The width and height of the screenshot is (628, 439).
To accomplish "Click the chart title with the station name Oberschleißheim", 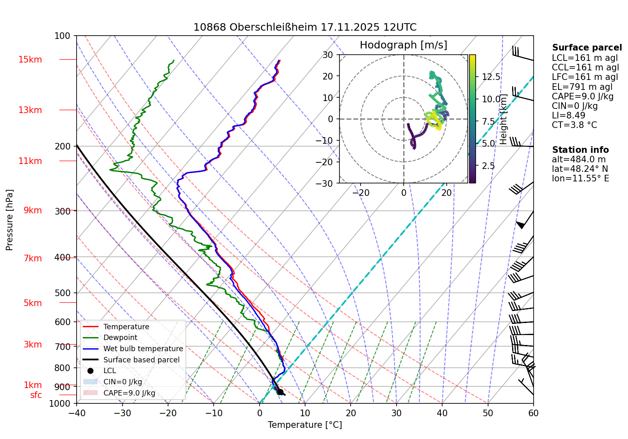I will click(x=305, y=27).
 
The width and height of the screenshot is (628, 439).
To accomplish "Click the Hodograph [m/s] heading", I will click(x=403, y=45).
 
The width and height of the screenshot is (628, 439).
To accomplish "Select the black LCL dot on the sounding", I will click(x=280, y=392).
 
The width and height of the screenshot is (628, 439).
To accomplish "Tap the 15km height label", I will click(x=30, y=60).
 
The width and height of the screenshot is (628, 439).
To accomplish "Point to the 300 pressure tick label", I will click(x=63, y=211).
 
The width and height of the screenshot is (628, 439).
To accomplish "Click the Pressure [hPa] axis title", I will click(x=10, y=220).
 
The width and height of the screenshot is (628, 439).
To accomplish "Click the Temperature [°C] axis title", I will click(x=305, y=425).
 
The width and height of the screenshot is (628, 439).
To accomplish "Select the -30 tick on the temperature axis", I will click(x=122, y=413).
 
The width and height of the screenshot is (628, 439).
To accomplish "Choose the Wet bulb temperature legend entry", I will click(x=143, y=349).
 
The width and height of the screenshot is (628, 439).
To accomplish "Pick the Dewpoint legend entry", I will click(x=120, y=338).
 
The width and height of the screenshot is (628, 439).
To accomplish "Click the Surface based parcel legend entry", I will click(x=141, y=360).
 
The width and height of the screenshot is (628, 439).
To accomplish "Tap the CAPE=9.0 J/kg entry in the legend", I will click(x=129, y=393).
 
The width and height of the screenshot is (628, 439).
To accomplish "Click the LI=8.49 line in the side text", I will click(x=568, y=116).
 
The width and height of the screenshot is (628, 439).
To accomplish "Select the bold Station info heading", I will click(x=580, y=150).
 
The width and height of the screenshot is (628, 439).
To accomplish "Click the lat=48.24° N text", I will click(x=580, y=169).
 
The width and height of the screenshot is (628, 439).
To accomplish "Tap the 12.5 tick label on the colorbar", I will click(x=491, y=77).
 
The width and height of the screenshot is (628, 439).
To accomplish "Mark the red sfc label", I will click(x=36, y=395).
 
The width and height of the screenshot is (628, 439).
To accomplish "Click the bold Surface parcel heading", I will click(x=587, y=48).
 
